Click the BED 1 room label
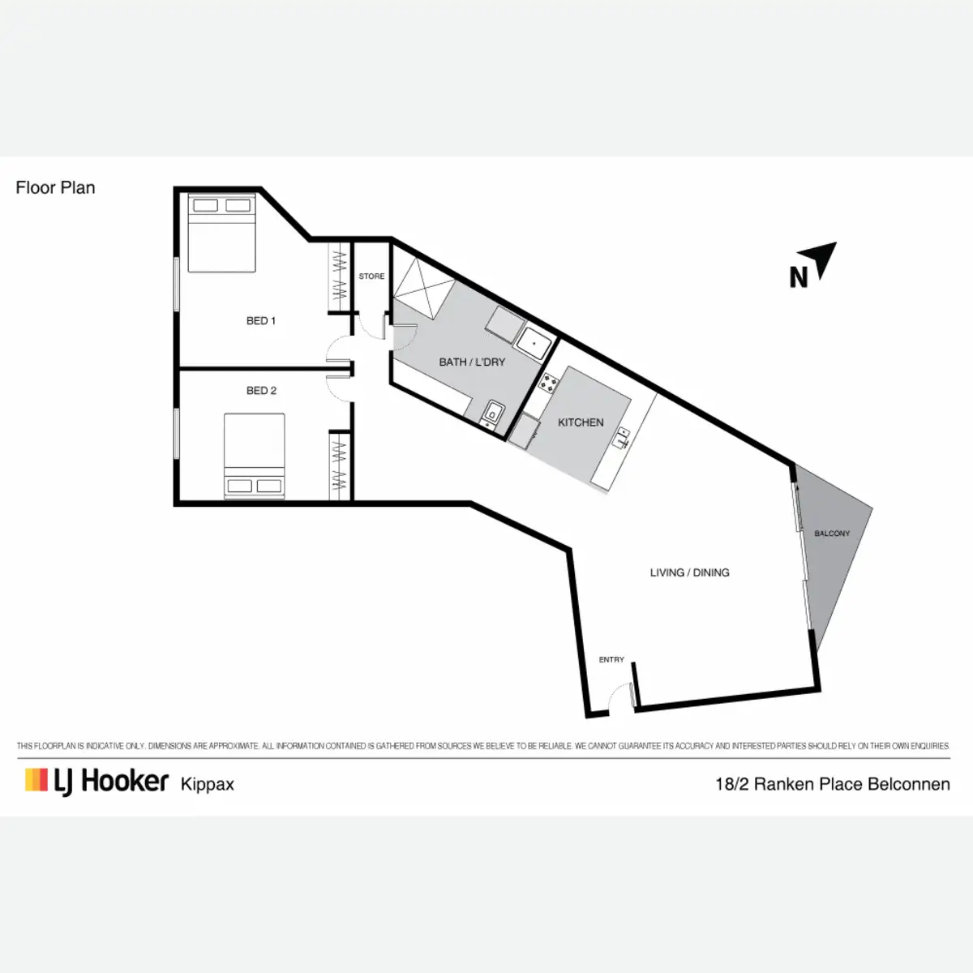point(261,321)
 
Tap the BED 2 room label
point(261,391)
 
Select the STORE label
point(371,276)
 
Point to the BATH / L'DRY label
point(472,362)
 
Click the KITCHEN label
point(581,422)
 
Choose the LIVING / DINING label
point(689,572)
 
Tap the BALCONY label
point(832,534)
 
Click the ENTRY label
point(611,660)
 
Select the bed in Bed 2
point(255,455)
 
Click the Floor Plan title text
point(55,188)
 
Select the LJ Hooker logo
point(97,781)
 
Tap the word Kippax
point(208,785)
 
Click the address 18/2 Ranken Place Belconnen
point(833,784)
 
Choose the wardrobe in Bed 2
point(339,466)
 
